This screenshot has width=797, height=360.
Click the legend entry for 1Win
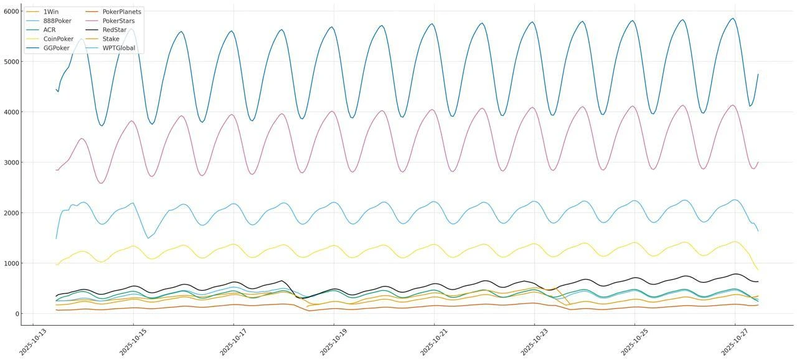(51, 12)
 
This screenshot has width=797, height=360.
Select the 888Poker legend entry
(57, 21)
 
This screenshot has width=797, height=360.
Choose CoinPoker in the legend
(59, 39)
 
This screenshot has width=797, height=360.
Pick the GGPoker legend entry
(57, 48)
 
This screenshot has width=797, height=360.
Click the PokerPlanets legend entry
(121, 12)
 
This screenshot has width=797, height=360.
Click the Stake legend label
(111, 39)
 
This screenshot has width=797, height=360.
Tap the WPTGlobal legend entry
(118, 48)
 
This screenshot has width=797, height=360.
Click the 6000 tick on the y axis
(11, 11)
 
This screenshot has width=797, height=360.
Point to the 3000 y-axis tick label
(11, 163)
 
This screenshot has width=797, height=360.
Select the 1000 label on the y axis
(11, 263)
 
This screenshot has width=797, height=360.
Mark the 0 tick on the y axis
(16, 314)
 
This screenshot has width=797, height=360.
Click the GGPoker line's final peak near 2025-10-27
(733, 18)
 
